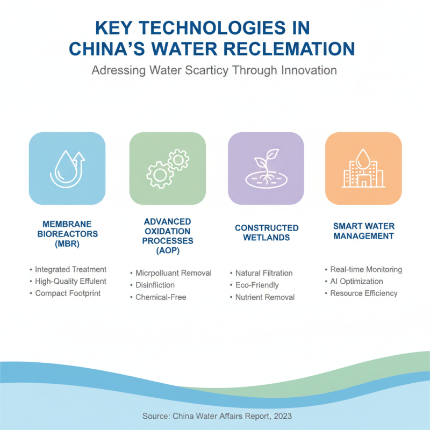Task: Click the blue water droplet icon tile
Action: point(67,168)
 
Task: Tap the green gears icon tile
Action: point(167,168)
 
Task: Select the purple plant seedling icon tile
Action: point(266,168)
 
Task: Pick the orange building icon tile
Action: point(363,168)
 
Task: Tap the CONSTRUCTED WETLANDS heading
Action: point(267,233)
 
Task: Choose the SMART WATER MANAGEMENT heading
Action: point(363,231)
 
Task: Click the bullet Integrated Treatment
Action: point(70,269)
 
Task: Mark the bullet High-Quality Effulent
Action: point(70,281)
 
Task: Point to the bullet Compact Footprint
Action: point(68,293)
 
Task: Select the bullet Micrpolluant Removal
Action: point(174,273)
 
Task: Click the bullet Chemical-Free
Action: point(161,297)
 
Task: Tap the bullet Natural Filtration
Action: point(264,273)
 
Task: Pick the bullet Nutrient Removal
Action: point(265,297)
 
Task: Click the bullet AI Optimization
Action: point(356,281)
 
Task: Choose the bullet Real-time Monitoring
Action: point(366,269)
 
